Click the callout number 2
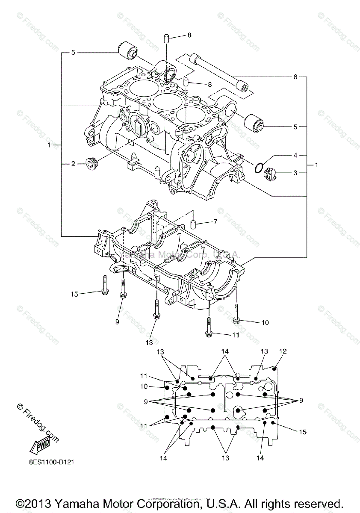point(73,163)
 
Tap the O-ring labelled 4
point(258,168)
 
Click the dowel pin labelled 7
point(193,224)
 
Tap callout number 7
point(215,221)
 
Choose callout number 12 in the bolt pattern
point(283,351)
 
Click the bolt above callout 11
point(209,327)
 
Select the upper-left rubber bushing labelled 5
point(127,49)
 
